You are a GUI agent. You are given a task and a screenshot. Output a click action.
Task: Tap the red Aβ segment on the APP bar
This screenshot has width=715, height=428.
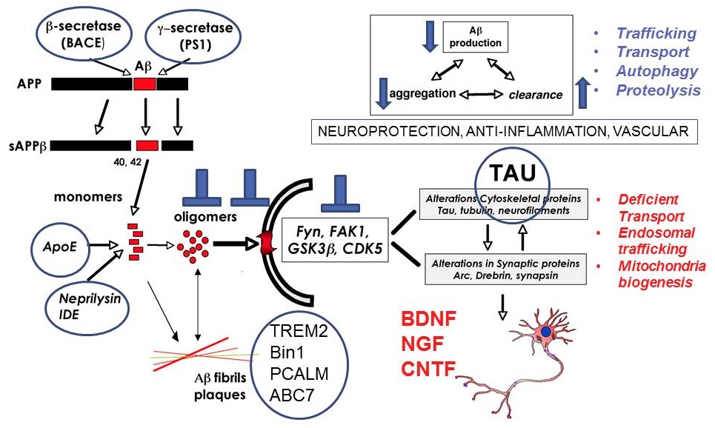tap(144, 83)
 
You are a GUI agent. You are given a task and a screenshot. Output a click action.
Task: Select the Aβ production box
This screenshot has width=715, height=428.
tap(475, 36)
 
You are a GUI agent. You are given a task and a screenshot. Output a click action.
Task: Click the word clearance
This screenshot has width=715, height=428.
tap(535, 95)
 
